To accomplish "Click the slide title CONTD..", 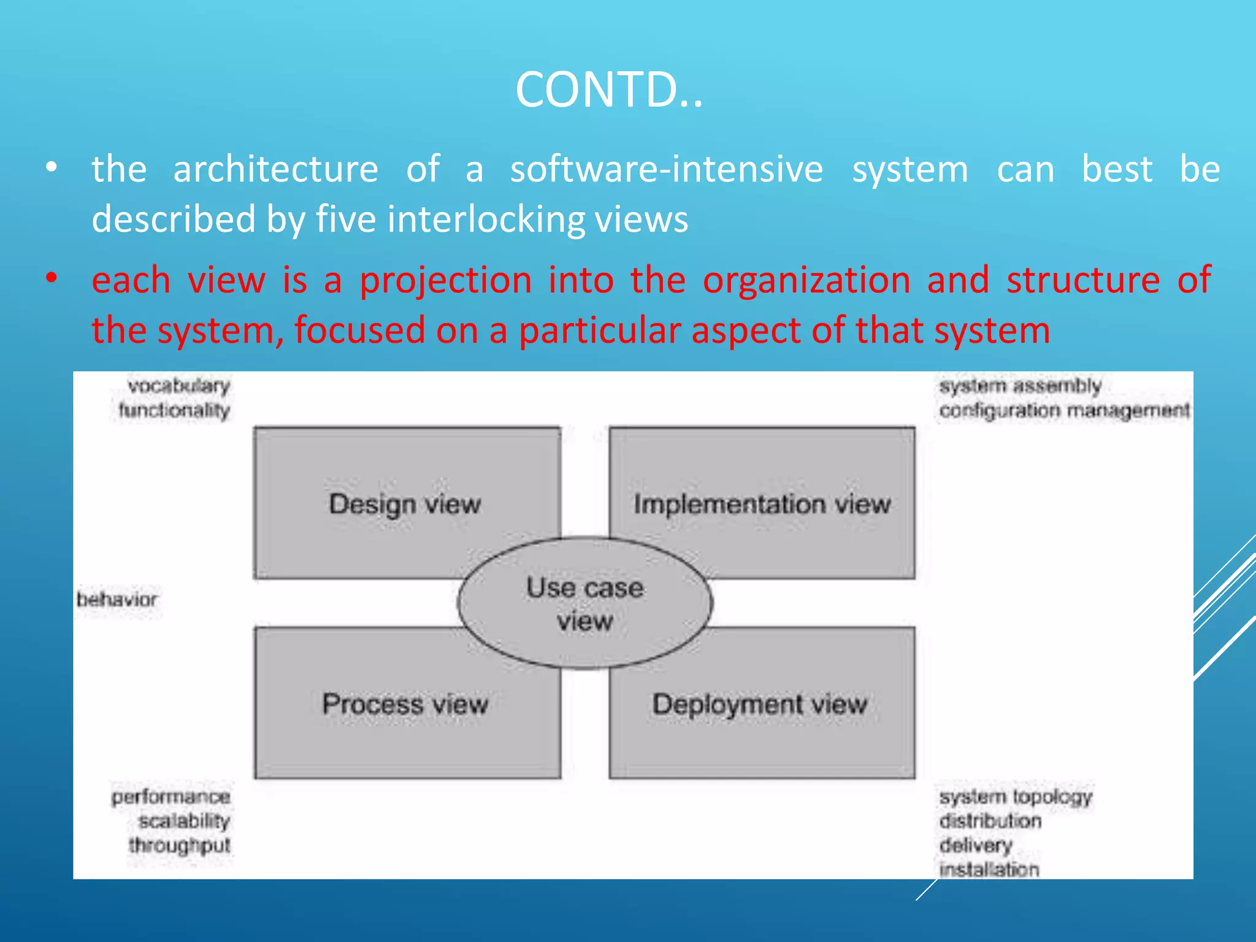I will click(x=608, y=90).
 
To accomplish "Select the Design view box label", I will click(x=405, y=504).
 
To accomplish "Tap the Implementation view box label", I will click(x=762, y=504).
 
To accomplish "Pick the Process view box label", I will click(x=405, y=704).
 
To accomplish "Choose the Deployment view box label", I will click(x=759, y=704).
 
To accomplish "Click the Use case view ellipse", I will click(x=584, y=604).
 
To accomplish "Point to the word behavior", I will click(x=117, y=599).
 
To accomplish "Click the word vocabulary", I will click(x=178, y=386).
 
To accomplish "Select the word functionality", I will click(x=174, y=410).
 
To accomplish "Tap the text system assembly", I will click(x=1020, y=386).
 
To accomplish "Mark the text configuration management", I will click(x=1064, y=410).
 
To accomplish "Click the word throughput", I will click(x=179, y=845).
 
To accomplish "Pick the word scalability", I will click(x=184, y=821).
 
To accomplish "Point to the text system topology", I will click(x=1016, y=797).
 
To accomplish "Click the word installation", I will click(x=989, y=869).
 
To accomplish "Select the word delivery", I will click(x=975, y=845).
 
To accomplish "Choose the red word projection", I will click(x=445, y=280).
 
